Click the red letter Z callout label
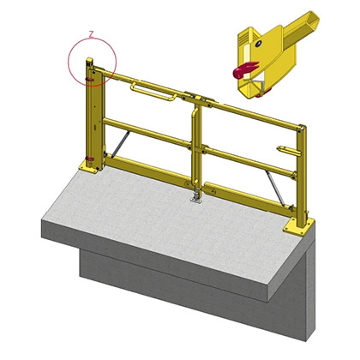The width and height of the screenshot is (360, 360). tap(91, 35)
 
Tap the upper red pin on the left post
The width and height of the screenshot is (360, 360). tap(89, 80)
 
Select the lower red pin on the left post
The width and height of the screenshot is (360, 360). tap(90, 159)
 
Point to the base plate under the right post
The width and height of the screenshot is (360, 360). tap(298, 226)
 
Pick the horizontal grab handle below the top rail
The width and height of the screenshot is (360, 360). tap(153, 92)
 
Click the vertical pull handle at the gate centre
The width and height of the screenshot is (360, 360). tap(195, 144)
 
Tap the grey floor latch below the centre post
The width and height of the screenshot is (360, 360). tap(196, 197)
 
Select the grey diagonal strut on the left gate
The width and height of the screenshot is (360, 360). tap(120, 144)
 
